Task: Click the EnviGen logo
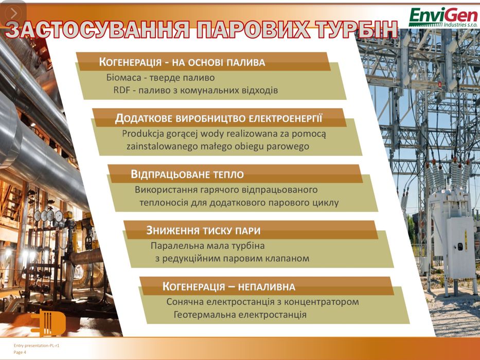pos(442,17)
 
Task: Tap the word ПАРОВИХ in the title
pos(262,30)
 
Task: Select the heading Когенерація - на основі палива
pos(182,63)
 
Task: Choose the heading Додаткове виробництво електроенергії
pos(219,119)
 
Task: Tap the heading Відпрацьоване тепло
pos(187,174)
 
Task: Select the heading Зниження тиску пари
pos(203,230)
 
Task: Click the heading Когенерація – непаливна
pos(229,286)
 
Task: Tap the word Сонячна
pos(186,301)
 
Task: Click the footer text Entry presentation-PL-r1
pos(37,346)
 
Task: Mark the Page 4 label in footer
pos(20,352)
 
